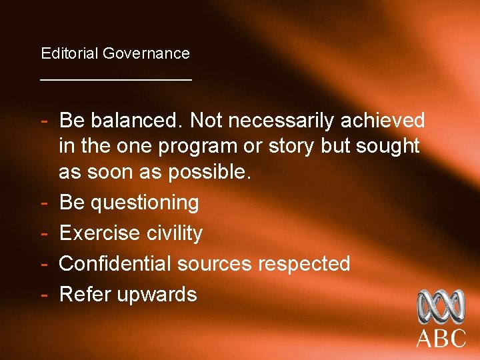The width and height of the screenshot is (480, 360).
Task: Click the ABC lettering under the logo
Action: pyautogui.click(x=441, y=338)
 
